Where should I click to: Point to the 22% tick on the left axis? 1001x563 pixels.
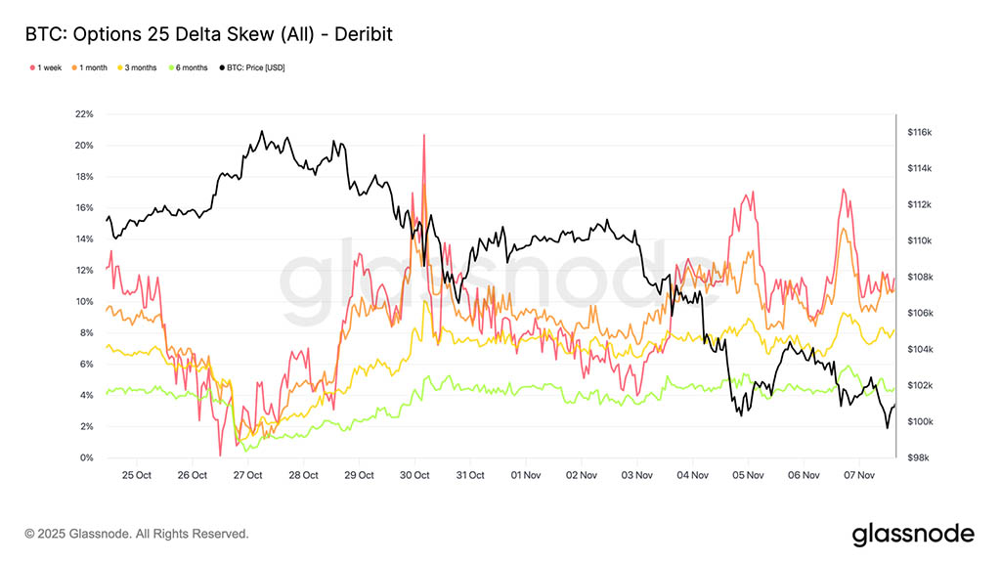click(84, 114)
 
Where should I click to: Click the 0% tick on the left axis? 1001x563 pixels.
click(86, 458)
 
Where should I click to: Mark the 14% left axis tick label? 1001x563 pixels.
click(84, 239)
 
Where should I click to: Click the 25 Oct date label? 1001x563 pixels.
click(137, 476)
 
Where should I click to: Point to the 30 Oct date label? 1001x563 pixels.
click(415, 476)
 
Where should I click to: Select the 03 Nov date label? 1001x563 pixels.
click(637, 476)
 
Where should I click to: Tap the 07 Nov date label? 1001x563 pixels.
click(858, 476)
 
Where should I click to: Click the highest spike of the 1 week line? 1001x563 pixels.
click(423, 136)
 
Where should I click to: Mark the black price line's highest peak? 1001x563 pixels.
click(261, 131)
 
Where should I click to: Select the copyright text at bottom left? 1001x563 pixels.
click(137, 534)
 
